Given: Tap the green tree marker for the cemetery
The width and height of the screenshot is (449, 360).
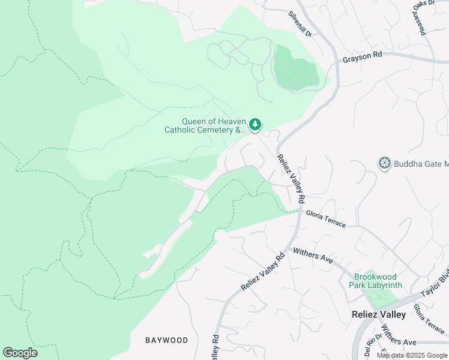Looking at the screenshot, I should pyautogui.click(x=256, y=124).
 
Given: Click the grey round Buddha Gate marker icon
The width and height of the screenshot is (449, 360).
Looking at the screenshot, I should pyautogui.click(x=385, y=163).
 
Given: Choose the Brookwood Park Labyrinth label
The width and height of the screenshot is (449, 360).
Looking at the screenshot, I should pyautogui.click(x=373, y=281).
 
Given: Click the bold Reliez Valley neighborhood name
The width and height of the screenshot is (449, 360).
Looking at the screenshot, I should pyautogui.click(x=378, y=314).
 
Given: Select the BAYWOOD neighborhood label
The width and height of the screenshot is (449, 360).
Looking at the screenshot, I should pyautogui.click(x=166, y=340).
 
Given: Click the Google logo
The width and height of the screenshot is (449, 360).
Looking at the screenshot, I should pyautogui.click(x=20, y=352).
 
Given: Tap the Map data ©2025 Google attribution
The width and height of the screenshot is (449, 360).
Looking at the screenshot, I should pyautogui.click(x=412, y=355).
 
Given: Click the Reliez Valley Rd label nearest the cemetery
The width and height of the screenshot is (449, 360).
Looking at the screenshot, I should pyautogui.click(x=291, y=178).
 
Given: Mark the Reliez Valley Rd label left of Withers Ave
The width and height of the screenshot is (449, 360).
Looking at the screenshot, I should pyautogui.click(x=263, y=272).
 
